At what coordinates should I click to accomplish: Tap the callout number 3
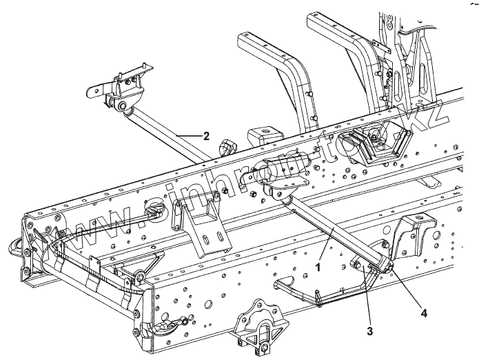coord(369,330)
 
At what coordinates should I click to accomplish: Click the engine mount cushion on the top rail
coord(375,146)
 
